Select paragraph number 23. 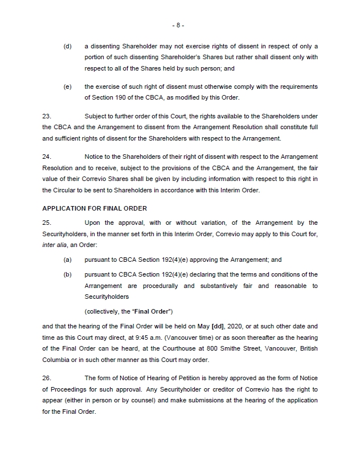click(x=47, y=116)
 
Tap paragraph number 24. click(x=47, y=156)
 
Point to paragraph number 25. click(x=47, y=223)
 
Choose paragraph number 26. click(x=47, y=378)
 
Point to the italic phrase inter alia click(x=54, y=244)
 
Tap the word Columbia click(x=56, y=359)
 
